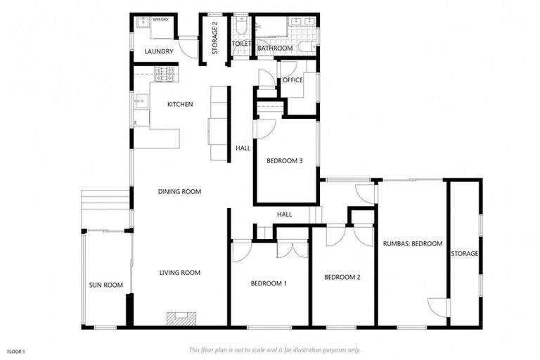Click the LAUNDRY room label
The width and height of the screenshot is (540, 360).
(x=158, y=51)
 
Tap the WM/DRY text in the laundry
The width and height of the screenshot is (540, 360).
(x=161, y=20)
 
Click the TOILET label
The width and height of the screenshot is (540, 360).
(x=241, y=44)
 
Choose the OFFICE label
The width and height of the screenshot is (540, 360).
(x=292, y=80)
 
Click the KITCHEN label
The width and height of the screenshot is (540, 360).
(x=180, y=105)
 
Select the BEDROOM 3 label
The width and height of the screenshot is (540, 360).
(x=284, y=161)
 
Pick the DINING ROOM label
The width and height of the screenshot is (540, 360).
(x=179, y=191)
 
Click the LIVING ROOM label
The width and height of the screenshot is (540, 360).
(x=180, y=273)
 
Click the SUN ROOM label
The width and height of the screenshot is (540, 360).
(x=106, y=285)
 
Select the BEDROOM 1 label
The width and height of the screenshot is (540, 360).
(x=269, y=284)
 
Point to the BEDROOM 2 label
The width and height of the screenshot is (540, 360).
(x=342, y=277)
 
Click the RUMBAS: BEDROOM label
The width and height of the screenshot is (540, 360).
(x=412, y=244)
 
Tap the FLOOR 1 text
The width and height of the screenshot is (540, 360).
(x=16, y=351)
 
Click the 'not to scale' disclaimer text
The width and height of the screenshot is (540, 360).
(x=274, y=349)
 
